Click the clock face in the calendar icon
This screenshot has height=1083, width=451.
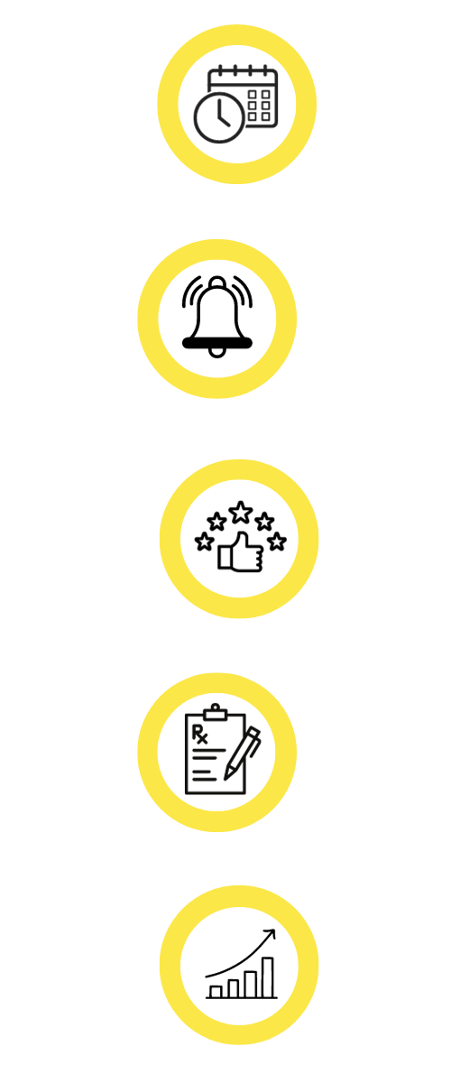219,118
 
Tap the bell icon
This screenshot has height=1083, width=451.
217,317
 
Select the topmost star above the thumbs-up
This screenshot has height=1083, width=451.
240,513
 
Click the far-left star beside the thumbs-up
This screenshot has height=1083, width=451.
205,541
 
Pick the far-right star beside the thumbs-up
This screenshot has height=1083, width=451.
277,541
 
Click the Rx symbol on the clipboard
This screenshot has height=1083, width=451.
199,734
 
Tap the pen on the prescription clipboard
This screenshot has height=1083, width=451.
242,754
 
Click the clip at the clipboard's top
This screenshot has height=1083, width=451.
215,712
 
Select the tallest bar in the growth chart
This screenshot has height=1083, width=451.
268,977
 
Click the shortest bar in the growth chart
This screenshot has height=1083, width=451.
216,992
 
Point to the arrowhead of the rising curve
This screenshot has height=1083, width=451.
272,933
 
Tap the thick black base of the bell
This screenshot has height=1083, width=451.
217,343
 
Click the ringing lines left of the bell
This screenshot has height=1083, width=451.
191,291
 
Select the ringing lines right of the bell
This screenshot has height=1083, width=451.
243,291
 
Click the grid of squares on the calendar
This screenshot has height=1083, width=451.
259,106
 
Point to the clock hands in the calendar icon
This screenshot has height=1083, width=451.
223,114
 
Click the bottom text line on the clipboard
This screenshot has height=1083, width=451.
205,779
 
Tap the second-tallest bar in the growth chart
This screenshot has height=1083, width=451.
251,984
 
